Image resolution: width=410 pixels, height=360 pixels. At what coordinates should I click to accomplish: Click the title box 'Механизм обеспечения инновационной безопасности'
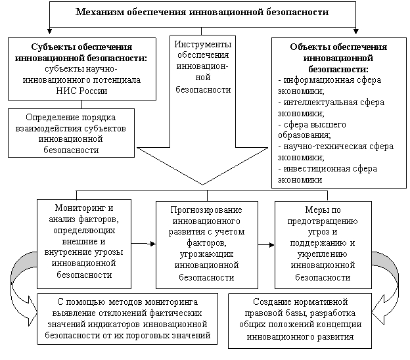(x=202, y=12)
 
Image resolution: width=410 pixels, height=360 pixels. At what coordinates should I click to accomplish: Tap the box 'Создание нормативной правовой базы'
(x=299, y=319)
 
